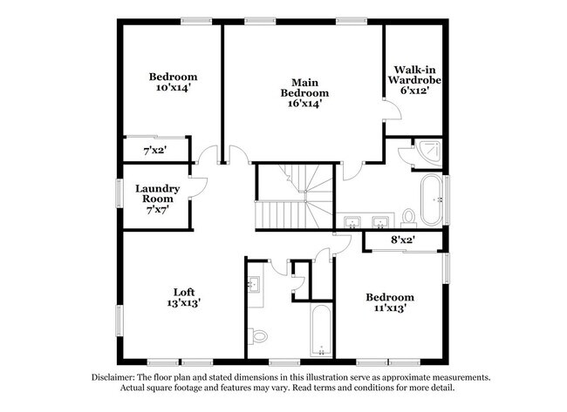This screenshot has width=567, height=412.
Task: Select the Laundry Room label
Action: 158,193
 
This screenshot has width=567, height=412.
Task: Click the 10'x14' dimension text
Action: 172,88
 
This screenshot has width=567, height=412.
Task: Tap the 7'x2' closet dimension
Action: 155,151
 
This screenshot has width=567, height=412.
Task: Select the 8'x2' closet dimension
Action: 401,239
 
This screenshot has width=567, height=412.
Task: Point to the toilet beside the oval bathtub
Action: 408,216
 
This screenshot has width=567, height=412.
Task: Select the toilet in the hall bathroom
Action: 259,335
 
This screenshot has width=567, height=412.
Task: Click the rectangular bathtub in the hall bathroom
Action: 320,331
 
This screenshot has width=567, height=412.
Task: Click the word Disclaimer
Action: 119,377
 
